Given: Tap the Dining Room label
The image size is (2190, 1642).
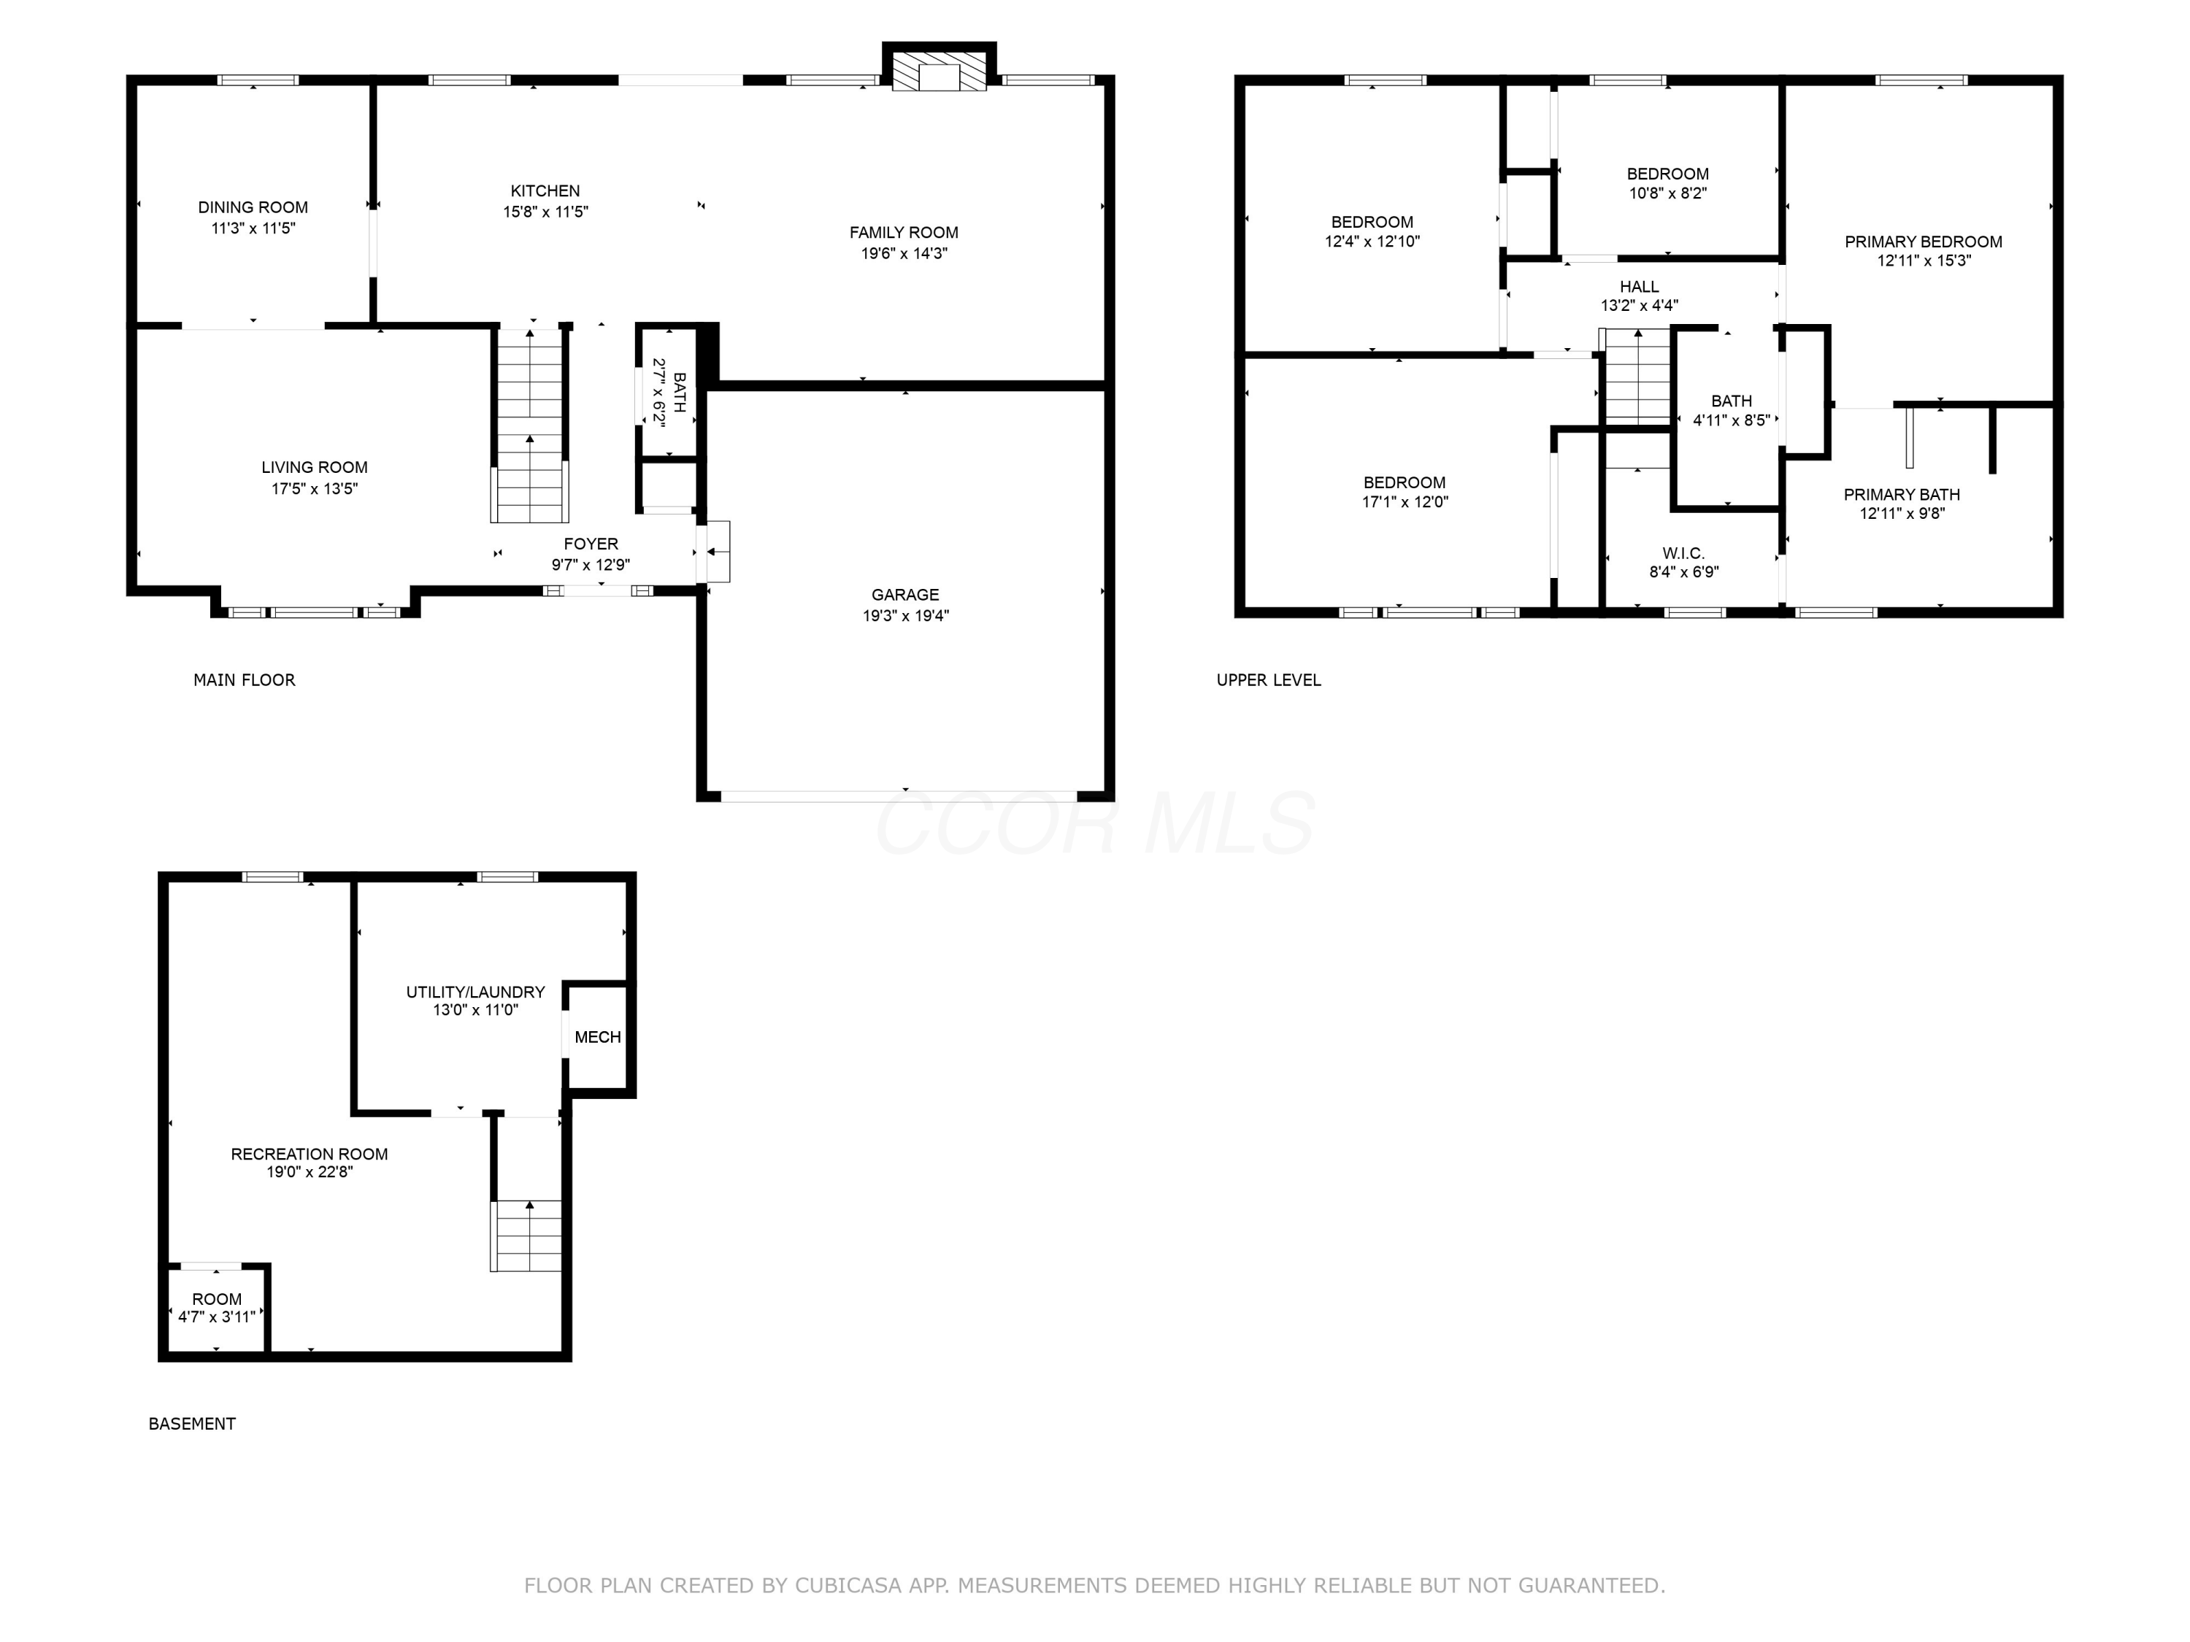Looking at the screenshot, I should (253, 207).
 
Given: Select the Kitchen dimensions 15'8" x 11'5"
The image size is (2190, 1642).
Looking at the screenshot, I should (545, 212).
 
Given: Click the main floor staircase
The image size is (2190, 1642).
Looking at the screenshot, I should (531, 425).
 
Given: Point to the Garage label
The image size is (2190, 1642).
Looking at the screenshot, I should (905, 595).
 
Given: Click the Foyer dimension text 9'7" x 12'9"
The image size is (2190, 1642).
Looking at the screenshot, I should (591, 565).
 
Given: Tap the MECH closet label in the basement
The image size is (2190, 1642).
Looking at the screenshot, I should (598, 1037).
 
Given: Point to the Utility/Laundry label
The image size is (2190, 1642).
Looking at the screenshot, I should (475, 992).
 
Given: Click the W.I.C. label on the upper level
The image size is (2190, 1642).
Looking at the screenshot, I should (1683, 553).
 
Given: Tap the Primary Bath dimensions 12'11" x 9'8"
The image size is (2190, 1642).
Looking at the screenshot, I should (1902, 514).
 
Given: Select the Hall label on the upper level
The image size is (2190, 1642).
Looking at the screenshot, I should (1640, 287).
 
